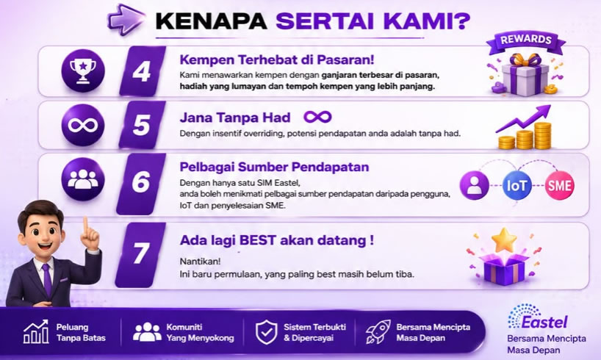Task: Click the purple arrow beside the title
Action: pyautogui.click(x=126, y=19)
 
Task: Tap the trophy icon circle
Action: pyautogui.click(x=83, y=71)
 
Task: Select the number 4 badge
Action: pyautogui.click(x=143, y=71)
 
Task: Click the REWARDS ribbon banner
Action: pyautogui.click(x=525, y=41)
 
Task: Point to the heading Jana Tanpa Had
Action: pyautogui.click(x=235, y=118)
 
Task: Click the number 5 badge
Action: pyautogui.click(x=142, y=125)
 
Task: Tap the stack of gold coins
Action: pyautogui.click(x=525, y=136)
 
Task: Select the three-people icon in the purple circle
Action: pyautogui.click(x=83, y=179)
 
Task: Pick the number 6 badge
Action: pyautogui.click(x=141, y=183)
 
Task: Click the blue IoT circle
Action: pyautogui.click(x=517, y=186)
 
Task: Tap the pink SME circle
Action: pyautogui.click(x=560, y=186)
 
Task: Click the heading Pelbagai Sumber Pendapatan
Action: pyautogui.click(x=275, y=168)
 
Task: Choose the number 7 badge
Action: pyautogui.click(x=140, y=254)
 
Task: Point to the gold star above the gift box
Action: pyautogui.click(x=504, y=240)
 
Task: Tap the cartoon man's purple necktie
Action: pyautogui.click(x=47, y=279)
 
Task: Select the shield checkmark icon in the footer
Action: pyautogui.click(x=267, y=332)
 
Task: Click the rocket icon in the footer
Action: pyautogui.click(x=378, y=332)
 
